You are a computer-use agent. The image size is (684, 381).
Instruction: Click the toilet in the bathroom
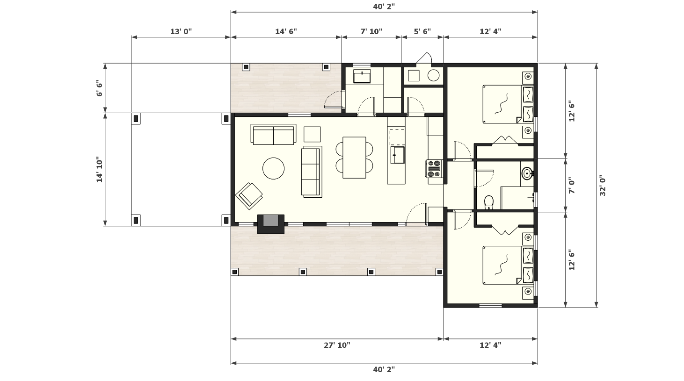point(489,202)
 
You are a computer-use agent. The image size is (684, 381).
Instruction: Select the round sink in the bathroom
point(527,173)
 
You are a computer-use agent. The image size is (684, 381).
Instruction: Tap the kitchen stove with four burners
point(434,168)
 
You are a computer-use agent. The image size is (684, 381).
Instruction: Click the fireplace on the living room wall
point(271,224)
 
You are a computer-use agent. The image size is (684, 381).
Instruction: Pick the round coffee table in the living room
point(274,168)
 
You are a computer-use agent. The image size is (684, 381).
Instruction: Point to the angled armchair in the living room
point(249,196)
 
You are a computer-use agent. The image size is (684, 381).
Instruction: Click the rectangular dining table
point(354,158)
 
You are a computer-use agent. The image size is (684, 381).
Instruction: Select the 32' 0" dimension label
point(603,185)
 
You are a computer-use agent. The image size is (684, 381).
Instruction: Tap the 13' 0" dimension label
point(181,31)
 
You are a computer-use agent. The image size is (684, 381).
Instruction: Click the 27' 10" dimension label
point(337,345)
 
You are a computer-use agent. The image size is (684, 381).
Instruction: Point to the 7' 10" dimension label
point(371,31)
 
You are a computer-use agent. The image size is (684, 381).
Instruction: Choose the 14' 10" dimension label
point(100,170)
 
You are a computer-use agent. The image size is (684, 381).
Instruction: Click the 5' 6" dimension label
point(422,31)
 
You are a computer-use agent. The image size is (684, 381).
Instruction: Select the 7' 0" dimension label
point(571,186)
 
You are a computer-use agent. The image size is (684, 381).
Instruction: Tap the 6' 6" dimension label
point(100,88)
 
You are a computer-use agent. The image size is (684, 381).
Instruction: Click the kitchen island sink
point(398,155)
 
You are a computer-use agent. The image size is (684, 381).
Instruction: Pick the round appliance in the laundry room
point(433,75)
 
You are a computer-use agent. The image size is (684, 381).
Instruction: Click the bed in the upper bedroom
point(508,104)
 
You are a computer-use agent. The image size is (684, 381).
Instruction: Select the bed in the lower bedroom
point(508,265)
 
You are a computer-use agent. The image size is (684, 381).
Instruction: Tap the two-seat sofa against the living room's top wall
point(273,134)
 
